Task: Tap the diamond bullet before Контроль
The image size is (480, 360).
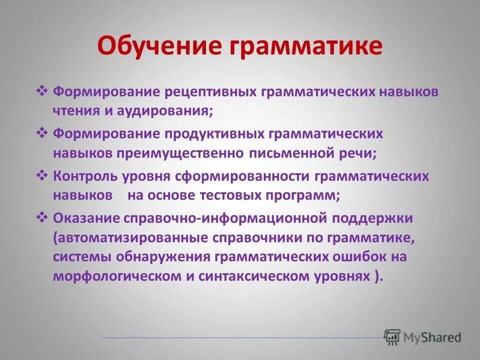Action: point(42,176)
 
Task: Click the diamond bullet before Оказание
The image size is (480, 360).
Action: point(42,217)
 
